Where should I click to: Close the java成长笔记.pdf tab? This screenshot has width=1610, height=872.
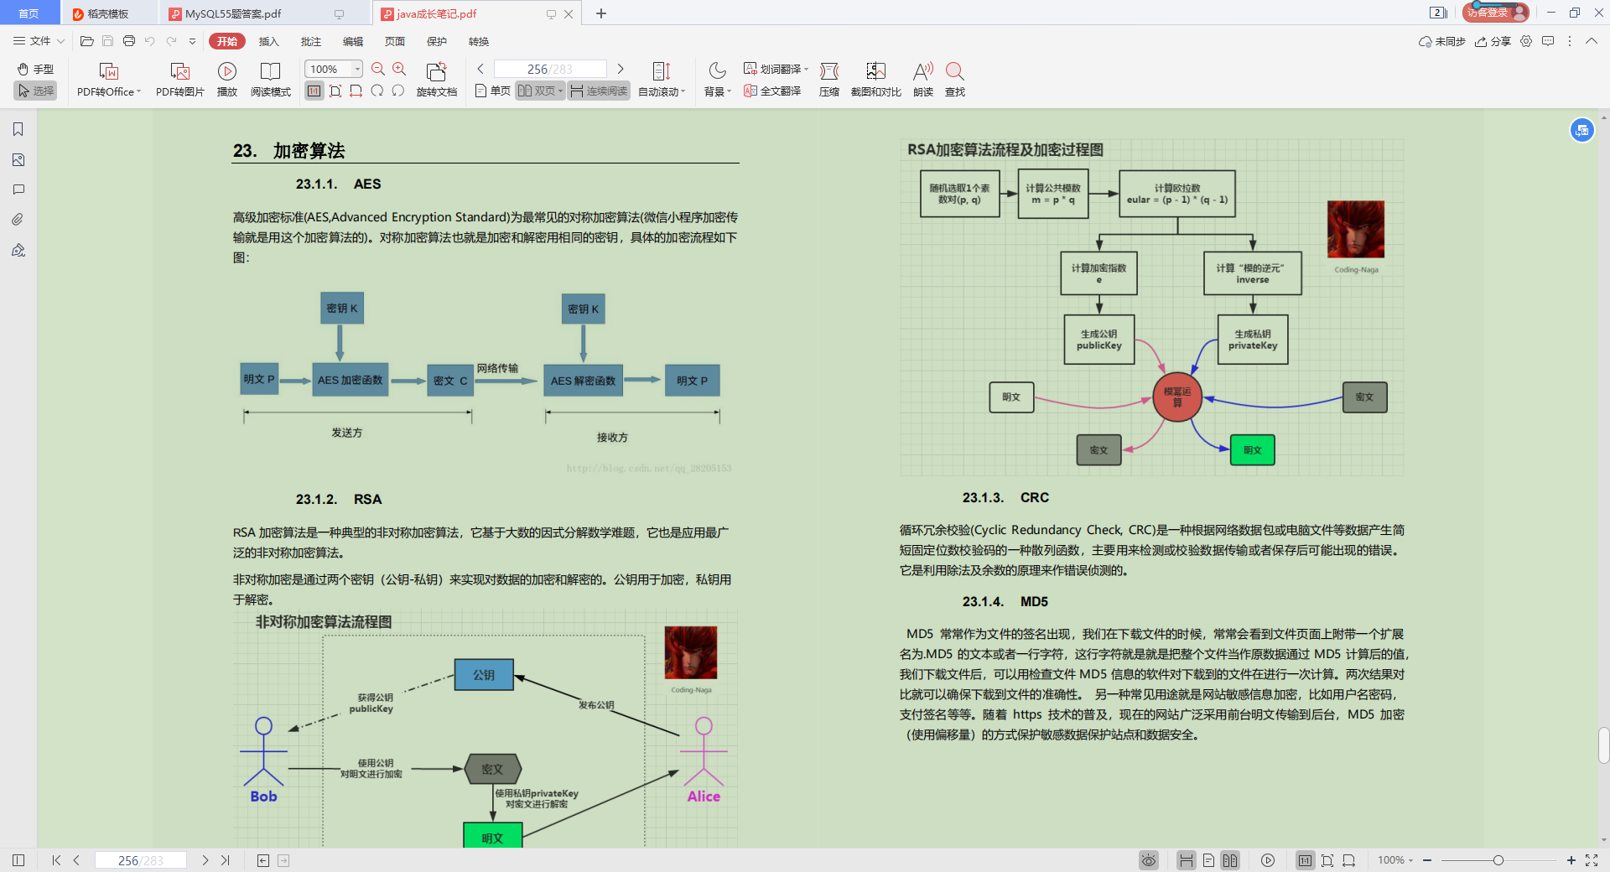point(569,13)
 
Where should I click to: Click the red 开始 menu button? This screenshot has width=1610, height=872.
point(226,41)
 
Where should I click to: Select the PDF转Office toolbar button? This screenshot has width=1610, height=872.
point(109,80)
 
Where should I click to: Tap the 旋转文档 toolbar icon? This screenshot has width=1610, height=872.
point(436,80)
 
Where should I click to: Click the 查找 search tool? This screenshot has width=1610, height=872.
point(954,80)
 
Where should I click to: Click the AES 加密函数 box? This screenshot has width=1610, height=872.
point(350,380)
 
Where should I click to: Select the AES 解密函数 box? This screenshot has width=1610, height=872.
point(583,381)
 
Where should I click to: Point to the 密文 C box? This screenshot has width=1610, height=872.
point(450,381)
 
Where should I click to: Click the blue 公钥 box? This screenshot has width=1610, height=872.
point(484,675)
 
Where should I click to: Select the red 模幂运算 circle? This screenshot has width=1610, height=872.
point(1177,397)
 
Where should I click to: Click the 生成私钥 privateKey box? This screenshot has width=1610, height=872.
point(1253,340)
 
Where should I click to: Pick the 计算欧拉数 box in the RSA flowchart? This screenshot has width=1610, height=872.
point(1177,194)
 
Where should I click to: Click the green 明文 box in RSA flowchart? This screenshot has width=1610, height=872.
point(1252,450)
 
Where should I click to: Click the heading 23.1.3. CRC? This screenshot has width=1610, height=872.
point(1005,497)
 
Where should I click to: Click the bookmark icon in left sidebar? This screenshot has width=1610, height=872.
point(18,129)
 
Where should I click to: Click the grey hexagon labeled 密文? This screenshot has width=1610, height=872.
point(493,769)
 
